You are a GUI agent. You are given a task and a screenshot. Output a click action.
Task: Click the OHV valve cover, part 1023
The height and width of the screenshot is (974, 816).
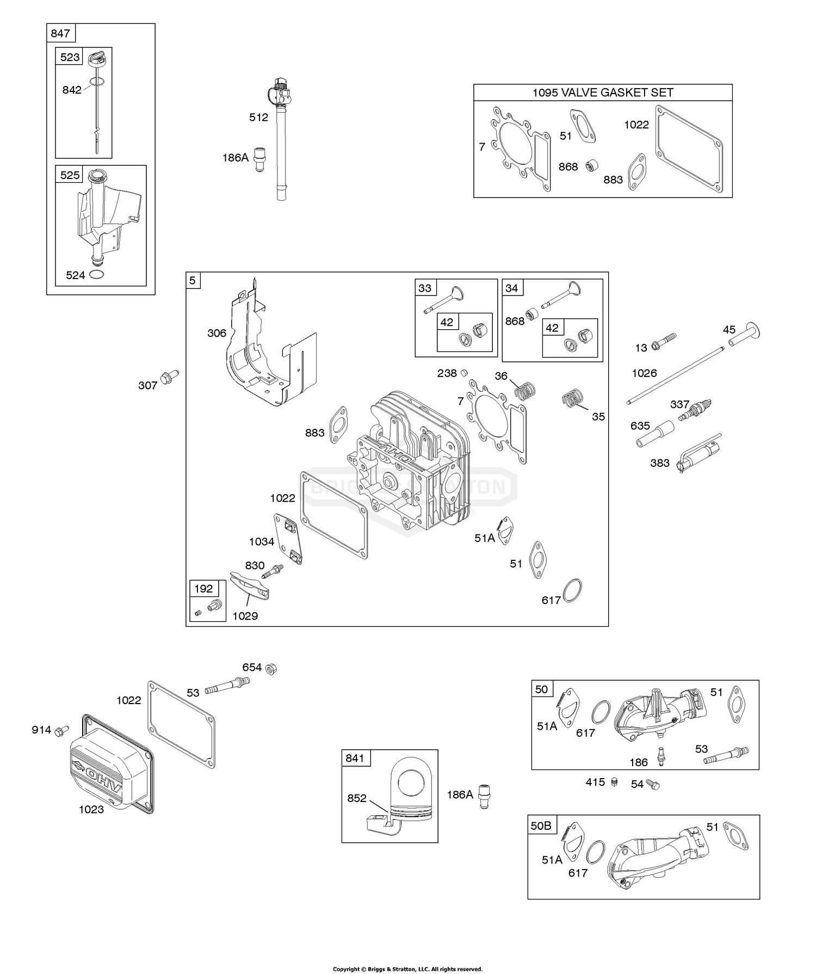[112, 768]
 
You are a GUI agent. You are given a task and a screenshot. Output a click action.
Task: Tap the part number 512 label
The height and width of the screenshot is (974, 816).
[258, 117]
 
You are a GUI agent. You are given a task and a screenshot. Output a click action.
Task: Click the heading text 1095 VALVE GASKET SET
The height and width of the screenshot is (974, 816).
[603, 93]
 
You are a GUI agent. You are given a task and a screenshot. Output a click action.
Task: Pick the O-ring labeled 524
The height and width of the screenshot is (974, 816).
[97, 275]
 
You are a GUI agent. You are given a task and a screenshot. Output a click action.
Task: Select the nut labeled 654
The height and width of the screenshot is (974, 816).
[270, 668]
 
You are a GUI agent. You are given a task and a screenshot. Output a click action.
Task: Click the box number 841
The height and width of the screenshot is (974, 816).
[355, 758]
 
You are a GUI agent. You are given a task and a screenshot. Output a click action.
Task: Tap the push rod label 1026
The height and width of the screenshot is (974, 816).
[644, 373]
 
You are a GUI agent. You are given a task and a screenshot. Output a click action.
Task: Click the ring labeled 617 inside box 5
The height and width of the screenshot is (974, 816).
[572, 590]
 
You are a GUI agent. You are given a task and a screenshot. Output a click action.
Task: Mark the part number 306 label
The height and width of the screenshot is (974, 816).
[217, 333]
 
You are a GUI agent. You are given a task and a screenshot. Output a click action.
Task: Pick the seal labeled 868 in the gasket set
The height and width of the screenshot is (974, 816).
[591, 165]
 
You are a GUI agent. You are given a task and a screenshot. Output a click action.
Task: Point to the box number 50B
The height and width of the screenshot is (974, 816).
[541, 826]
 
